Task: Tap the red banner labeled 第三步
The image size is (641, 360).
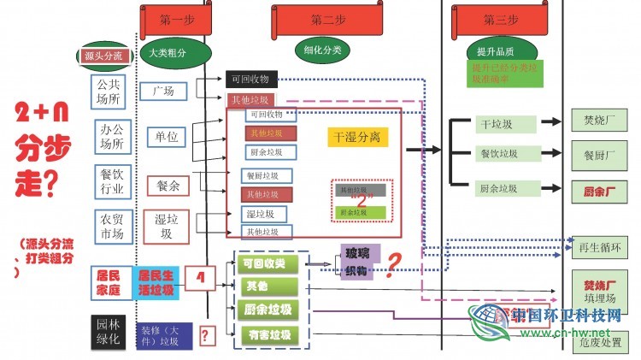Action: click(x=501, y=19)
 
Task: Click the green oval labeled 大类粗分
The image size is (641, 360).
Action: click(x=173, y=53)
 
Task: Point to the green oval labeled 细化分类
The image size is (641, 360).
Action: click(x=322, y=50)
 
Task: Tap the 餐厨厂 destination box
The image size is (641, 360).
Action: click(x=599, y=155)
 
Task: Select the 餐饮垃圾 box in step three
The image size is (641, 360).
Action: click(x=507, y=155)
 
